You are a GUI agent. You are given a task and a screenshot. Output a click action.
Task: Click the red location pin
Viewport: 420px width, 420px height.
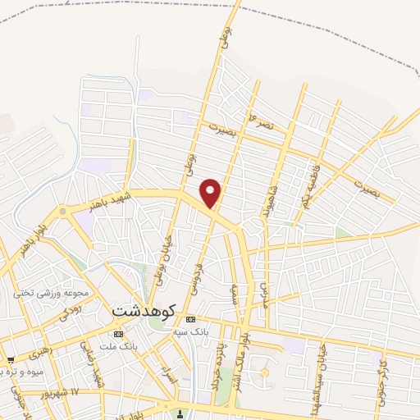pyautogui.click(x=212, y=194)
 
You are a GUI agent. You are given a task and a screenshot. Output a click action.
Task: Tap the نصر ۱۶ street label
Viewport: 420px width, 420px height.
pyautogui.click(x=262, y=122)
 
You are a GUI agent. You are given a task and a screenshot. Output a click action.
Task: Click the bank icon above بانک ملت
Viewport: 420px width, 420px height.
pyautogui.click(x=120, y=335)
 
